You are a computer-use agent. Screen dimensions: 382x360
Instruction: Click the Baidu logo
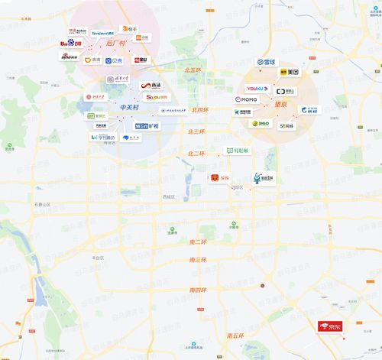(x=70, y=44)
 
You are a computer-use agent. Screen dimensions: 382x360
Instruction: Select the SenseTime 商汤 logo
(x=153, y=86)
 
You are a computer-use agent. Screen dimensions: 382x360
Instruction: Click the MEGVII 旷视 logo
(x=148, y=125)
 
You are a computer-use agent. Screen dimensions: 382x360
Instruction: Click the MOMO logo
(x=248, y=99)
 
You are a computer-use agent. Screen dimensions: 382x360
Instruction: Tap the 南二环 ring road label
(x=197, y=242)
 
